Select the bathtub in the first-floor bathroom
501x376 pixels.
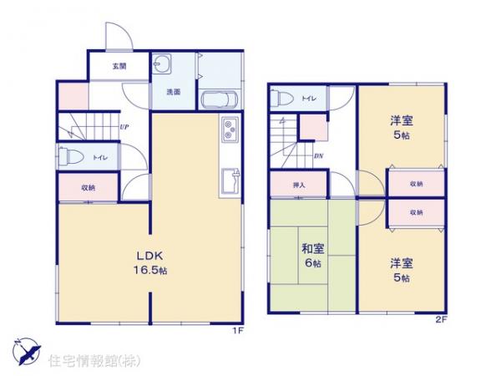(x=220, y=99)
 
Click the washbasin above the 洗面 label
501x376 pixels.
(x=163, y=67)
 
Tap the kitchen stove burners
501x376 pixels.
(x=230, y=130)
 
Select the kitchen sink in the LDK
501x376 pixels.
(x=230, y=177)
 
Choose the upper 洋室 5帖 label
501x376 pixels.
(x=402, y=127)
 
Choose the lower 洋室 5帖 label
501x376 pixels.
(x=402, y=270)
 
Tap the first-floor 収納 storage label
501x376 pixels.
(x=88, y=187)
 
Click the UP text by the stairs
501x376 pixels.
(x=124, y=128)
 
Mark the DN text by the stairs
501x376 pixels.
(x=318, y=155)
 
